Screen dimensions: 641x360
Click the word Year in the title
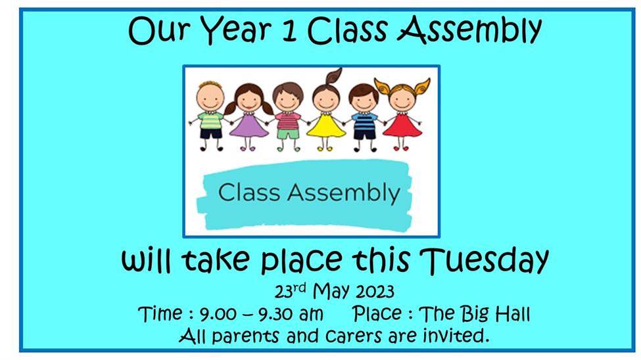click(236, 30)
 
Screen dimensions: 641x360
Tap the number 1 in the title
click(289, 30)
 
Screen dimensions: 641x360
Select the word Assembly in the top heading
click(469, 30)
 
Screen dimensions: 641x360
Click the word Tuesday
click(484, 260)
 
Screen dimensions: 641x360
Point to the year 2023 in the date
click(375, 292)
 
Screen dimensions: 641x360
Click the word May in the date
click(331, 292)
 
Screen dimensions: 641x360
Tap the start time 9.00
click(218, 314)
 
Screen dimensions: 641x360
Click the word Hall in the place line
click(513, 314)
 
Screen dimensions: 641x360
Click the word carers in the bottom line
click(354, 336)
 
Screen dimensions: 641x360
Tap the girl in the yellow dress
click(326, 110)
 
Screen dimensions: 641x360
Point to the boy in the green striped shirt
click(210, 116)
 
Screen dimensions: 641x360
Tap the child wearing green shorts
click(288, 117)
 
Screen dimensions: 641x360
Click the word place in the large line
click(301, 261)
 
